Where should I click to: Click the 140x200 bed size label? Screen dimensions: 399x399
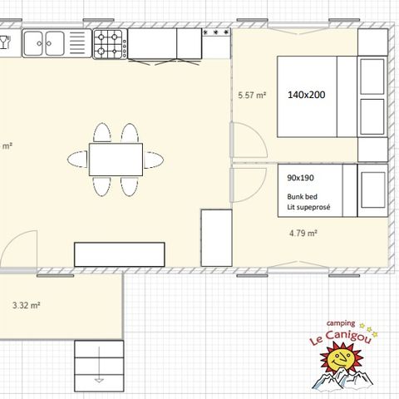(307, 95)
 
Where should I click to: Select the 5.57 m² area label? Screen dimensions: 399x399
(251, 96)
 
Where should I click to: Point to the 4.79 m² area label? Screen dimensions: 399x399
(303, 234)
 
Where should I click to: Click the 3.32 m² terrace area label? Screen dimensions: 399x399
(27, 305)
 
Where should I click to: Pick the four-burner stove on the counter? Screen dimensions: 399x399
(110, 44)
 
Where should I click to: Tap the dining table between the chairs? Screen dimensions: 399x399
(116, 160)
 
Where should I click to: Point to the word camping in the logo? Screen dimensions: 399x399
(341, 323)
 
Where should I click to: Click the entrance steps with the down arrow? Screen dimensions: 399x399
(99, 366)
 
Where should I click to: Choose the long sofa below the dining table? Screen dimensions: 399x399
(120, 254)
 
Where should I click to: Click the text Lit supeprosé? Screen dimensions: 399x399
(309, 205)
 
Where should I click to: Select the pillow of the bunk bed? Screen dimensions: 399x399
(372, 190)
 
